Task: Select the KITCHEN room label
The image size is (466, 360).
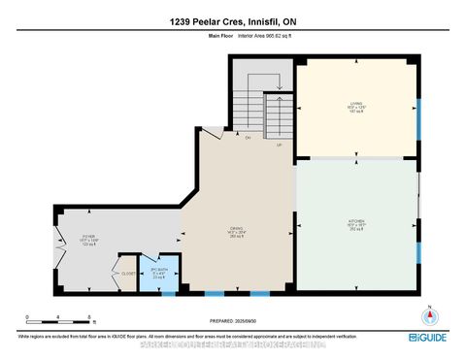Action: (355, 223)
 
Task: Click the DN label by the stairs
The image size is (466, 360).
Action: (249, 138)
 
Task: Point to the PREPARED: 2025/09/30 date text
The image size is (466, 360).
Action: (232, 320)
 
